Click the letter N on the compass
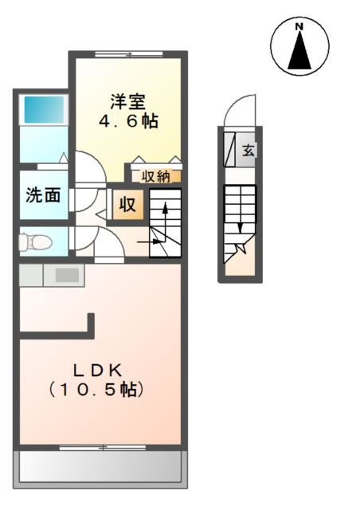tap(300, 26)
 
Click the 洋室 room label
tap(128, 102)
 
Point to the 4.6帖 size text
tap(128, 122)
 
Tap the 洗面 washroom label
tap(43, 195)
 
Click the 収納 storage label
tap(156, 176)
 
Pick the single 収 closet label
tap(128, 204)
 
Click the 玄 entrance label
tap(248, 150)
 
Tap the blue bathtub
tap(42, 108)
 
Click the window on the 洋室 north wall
tap(127, 54)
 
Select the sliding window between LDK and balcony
tap(101, 448)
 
